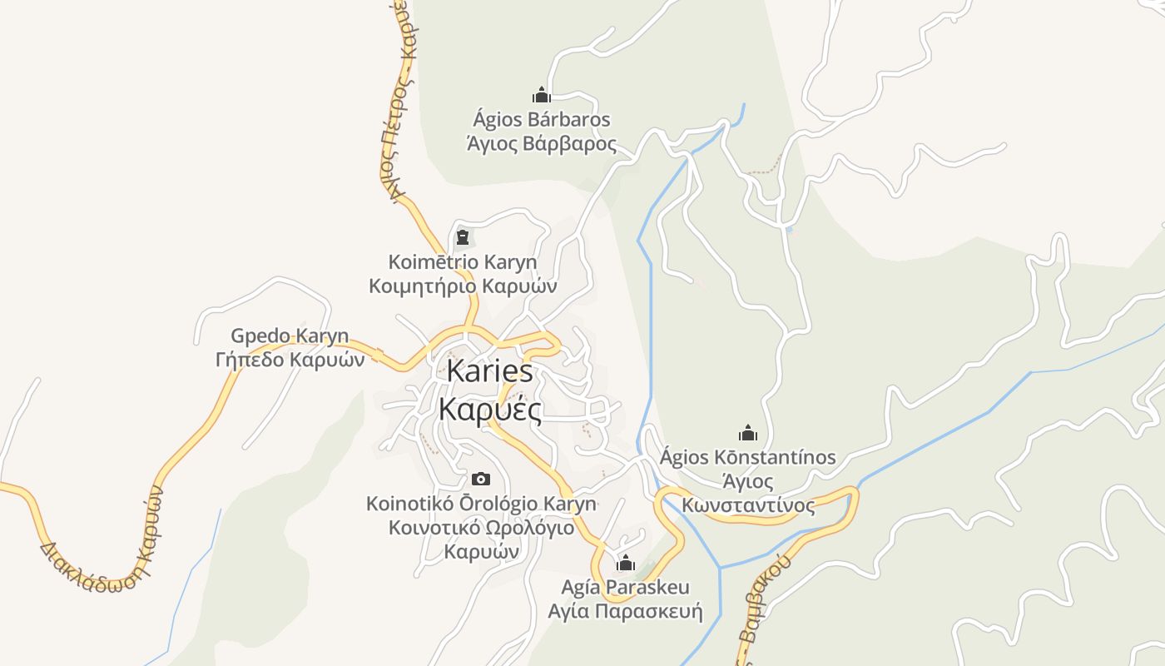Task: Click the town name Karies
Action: pos(490,371)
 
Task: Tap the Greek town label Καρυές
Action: pos(490,409)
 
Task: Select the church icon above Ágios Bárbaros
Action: pos(542,95)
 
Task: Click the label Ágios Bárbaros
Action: pos(542,120)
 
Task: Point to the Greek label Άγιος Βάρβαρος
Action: pos(542,143)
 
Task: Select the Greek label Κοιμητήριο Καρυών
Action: pos(463,286)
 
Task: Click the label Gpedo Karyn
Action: pos(290,336)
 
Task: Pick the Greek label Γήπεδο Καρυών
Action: pos(290,360)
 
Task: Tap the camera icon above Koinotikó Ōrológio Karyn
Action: pos(481,479)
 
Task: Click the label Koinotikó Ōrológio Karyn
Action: pos(481,504)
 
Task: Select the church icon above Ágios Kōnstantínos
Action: pos(748,433)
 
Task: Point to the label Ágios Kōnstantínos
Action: pos(748,457)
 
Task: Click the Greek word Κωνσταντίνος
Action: pos(748,505)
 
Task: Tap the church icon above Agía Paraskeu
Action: pos(626,563)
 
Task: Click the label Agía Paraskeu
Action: pos(626,588)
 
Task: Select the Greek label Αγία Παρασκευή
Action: pos(626,612)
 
